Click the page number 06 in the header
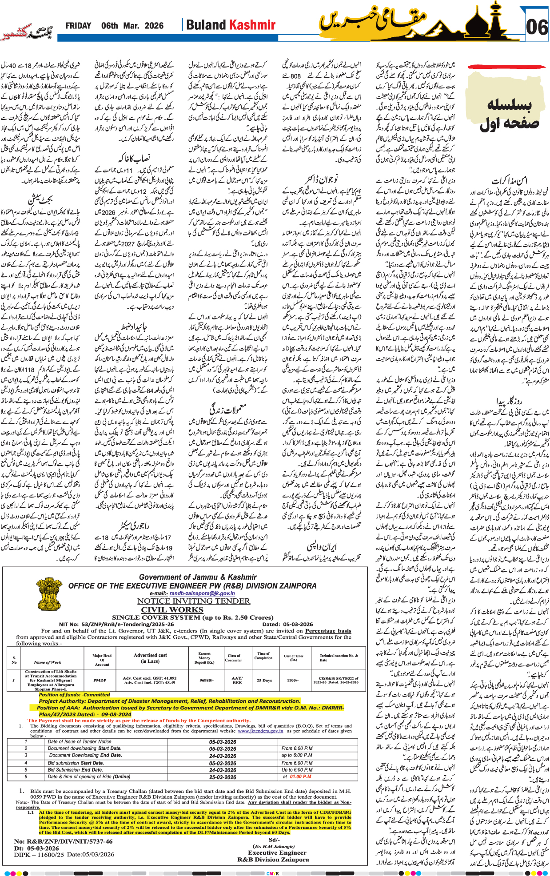[x=536, y=27]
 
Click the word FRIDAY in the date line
[x=78, y=26]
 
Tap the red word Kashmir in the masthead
[x=252, y=25]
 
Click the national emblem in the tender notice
[x=49, y=594]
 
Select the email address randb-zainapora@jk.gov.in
[x=202, y=593]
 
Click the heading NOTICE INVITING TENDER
[x=194, y=601]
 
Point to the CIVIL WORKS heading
[x=172, y=610]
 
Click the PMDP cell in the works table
[x=100, y=680]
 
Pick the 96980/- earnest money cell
[x=207, y=680]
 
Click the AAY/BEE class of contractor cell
[x=237, y=680]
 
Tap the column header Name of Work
[x=48, y=662]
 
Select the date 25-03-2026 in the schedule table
[x=223, y=777]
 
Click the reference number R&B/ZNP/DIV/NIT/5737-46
[x=63, y=841]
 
